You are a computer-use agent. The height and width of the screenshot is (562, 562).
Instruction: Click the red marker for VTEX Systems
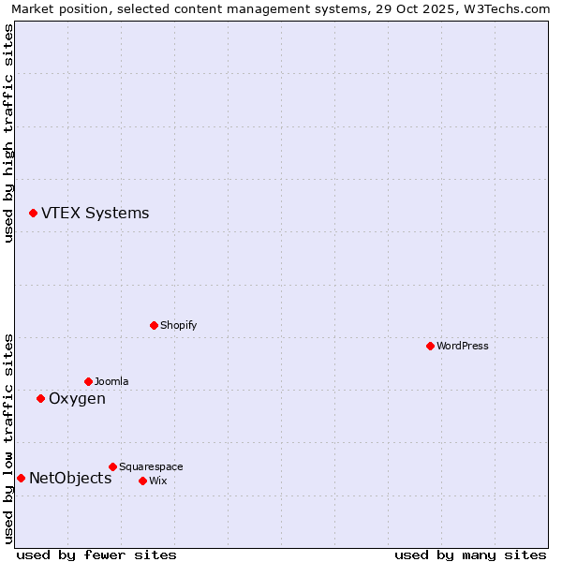tap(33, 214)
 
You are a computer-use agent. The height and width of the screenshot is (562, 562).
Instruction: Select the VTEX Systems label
tap(95, 214)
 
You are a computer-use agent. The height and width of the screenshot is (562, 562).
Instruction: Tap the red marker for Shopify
tap(154, 325)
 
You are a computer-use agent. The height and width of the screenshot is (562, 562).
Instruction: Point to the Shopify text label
tap(178, 326)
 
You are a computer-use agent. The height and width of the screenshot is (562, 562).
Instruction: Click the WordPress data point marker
tap(430, 346)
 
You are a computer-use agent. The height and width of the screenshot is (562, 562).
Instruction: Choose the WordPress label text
tap(462, 347)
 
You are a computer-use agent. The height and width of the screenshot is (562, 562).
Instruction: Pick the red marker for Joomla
tap(88, 381)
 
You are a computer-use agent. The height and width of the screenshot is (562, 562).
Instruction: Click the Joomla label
tap(111, 382)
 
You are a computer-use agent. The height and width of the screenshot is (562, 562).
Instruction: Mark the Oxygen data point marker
tap(40, 398)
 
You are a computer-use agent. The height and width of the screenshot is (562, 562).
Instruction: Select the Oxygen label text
tap(77, 399)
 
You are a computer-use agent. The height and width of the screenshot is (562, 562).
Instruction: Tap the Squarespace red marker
tap(112, 466)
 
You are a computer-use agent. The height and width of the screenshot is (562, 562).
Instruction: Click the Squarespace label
tap(151, 467)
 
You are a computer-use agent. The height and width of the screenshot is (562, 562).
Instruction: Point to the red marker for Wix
tap(142, 481)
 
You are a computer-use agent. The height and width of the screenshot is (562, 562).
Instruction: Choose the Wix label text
tap(157, 481)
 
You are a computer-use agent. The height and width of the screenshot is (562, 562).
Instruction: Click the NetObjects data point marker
tap(21, 478)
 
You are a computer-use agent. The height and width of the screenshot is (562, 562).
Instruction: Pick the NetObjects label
tap(70, 479)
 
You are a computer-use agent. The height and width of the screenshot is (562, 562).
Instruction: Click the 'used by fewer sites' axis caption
tap(96, 555)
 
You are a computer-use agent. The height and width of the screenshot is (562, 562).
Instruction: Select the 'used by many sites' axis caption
tap(470, 555)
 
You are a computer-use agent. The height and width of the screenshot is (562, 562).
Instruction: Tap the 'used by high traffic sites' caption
tap(8, 133)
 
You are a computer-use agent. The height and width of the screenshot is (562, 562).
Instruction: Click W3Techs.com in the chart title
tap(507, 8)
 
